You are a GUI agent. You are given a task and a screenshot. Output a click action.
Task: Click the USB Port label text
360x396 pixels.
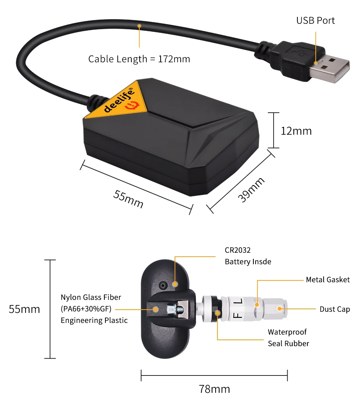point(315,21)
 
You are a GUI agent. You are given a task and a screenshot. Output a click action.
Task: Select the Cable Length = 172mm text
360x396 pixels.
point(139,59)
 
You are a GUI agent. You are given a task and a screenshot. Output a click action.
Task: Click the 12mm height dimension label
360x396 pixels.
point(296,131)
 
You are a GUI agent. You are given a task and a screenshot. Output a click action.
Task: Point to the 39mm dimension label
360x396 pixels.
point(251,190)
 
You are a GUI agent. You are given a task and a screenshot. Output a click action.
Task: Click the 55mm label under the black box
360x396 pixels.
point(129,199)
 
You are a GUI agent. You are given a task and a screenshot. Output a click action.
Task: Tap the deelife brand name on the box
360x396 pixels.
point(119,101)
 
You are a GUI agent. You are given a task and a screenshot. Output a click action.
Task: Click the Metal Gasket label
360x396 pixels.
point(328,280)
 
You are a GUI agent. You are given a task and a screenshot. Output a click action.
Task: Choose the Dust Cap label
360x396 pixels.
point(334,309)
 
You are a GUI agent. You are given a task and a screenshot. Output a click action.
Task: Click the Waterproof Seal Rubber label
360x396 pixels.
point(288,338)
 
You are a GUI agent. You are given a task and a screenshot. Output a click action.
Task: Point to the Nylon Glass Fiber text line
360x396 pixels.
point(91,297)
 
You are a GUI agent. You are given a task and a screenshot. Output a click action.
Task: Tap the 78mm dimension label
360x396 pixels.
point(214,389)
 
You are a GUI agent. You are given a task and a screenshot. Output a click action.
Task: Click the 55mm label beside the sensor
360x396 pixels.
point(24,309)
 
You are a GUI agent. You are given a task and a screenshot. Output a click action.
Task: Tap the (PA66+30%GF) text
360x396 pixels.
point(86,309)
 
